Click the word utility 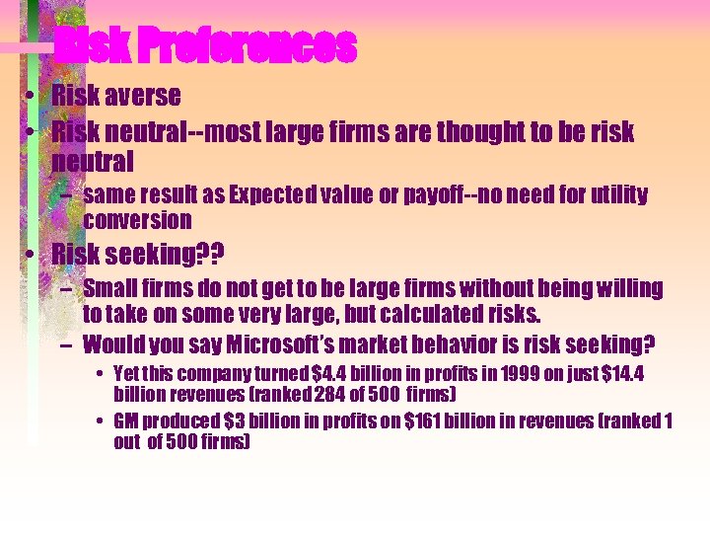pos(612,194)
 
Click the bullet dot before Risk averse pos(33,97)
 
